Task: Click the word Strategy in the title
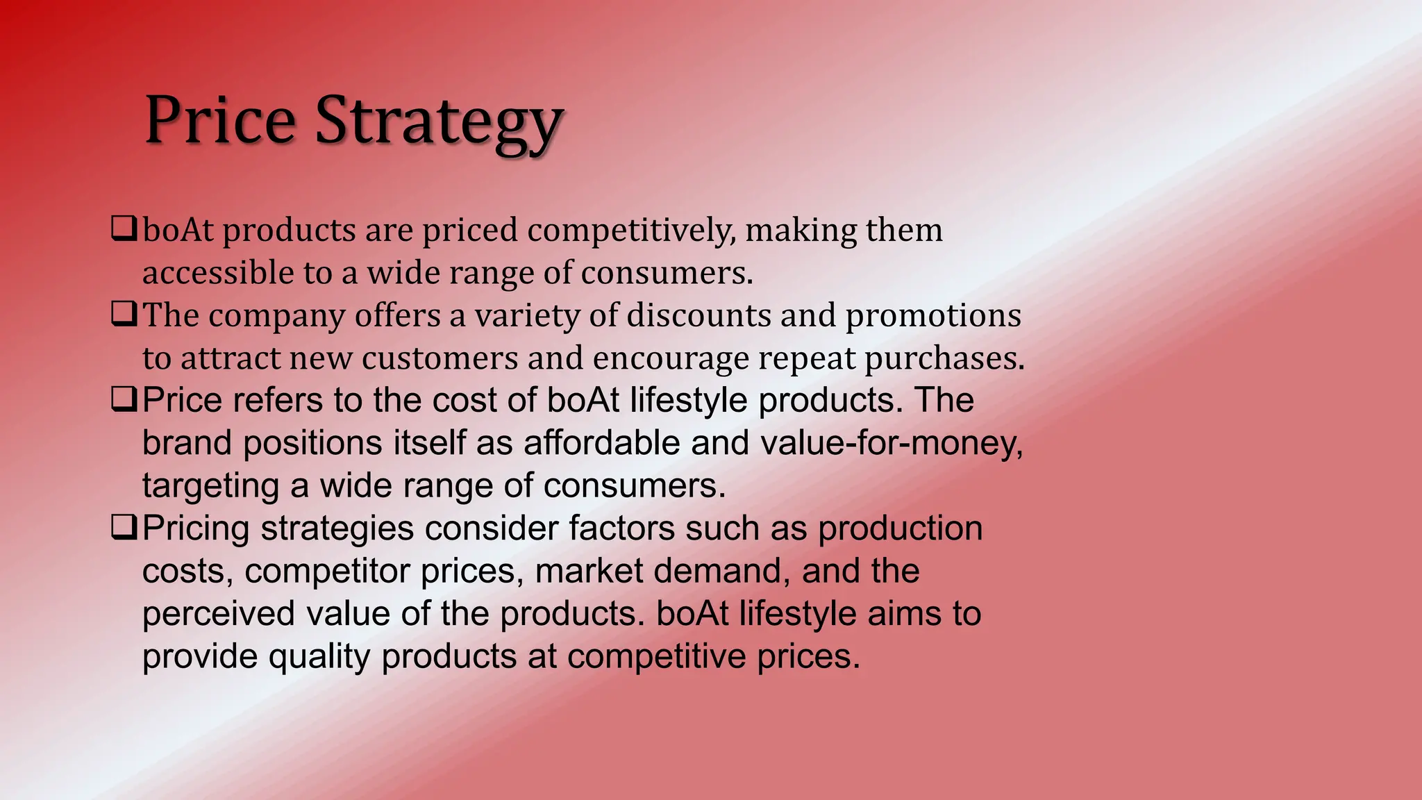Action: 438,123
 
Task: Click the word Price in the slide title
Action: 219,122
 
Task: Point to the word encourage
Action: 670,360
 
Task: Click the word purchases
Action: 944,359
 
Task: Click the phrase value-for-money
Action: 892,444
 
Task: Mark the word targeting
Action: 210,487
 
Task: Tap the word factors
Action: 621,528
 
